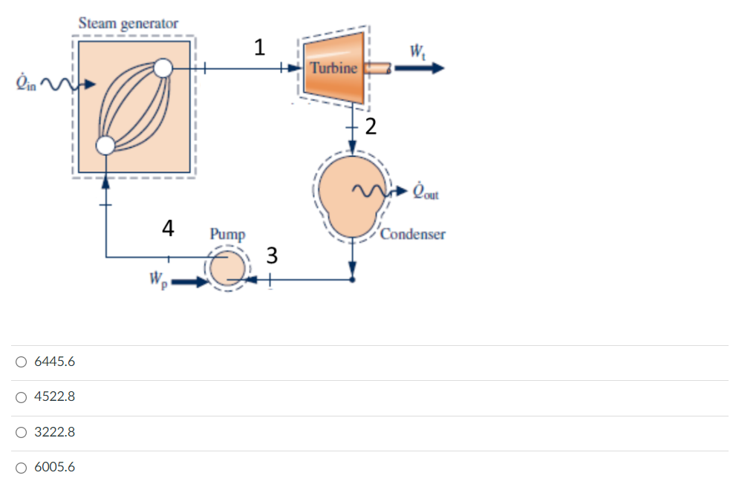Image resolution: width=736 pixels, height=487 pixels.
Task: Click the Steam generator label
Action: click(x=128, y=24)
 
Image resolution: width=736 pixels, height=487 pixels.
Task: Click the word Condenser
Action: click(x=413, y=235)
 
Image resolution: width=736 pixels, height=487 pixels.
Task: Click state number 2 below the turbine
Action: click(x=370, y=126)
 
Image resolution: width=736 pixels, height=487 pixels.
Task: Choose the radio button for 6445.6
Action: click(x=22, y=362)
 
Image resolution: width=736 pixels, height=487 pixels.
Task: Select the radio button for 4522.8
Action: click(x=22, y=397)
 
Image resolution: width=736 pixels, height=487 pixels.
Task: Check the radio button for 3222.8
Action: click(x=22, y=432)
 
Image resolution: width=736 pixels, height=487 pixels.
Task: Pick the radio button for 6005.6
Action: click(x=22, y=468)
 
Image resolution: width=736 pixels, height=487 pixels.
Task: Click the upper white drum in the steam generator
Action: click(x=162, y=69)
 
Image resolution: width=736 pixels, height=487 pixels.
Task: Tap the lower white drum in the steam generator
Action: click(x=105, y=145)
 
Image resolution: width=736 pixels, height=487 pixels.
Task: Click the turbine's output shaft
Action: click(x=378, y=69)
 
